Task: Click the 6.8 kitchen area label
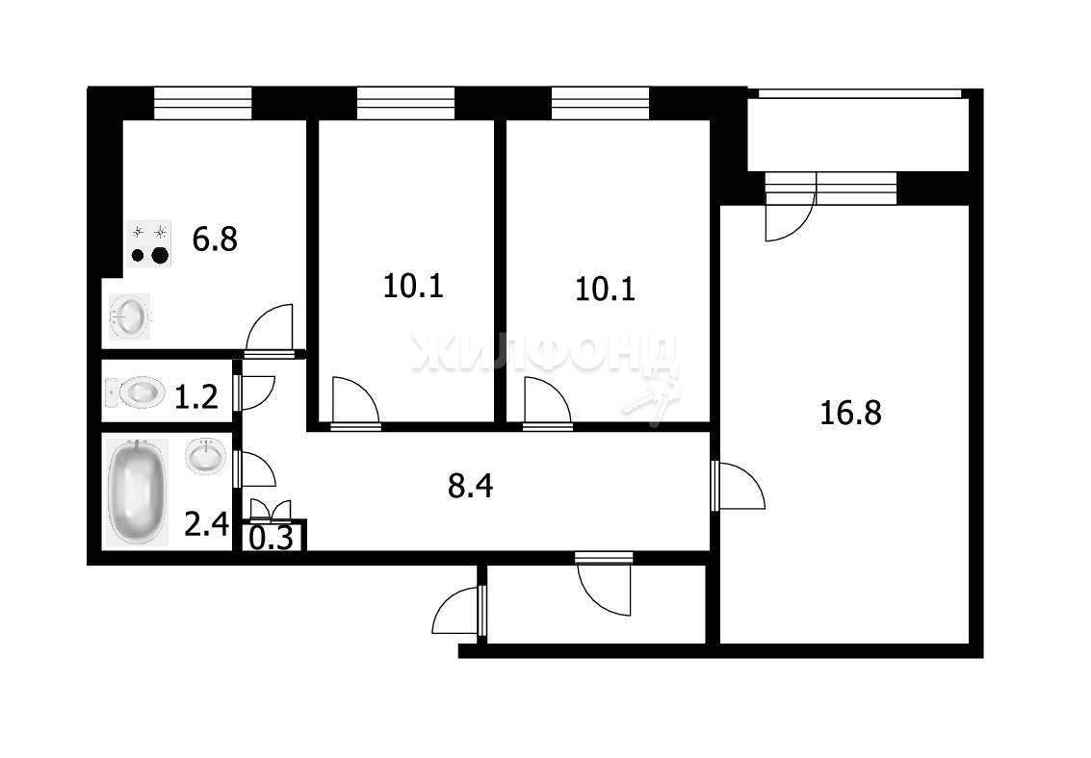click(x=215, y=239)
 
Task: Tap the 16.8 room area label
click(x=850, y=413)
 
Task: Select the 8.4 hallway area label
click(x=471, y=487)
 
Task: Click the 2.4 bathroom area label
click(x=207, y=524)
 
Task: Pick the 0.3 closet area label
click(x=272, y=539)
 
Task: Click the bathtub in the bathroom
click(x=137, y=492)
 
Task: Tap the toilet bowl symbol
click(x=135, y=392)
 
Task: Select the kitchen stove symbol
click(x=151, y=242)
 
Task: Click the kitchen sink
click(x=129, y=316)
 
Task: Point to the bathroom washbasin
click(x=205, y=456)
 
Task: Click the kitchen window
click(x=202, y=103)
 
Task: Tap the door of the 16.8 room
click(x=740, y=486)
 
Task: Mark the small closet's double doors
click(x=272, y=511)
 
